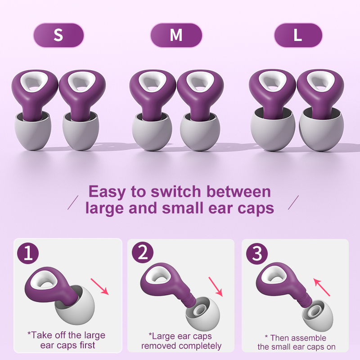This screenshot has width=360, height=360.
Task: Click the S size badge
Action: (58, 35)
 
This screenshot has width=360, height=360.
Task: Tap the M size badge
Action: (176, 35)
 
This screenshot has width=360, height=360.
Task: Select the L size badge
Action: (298, 35)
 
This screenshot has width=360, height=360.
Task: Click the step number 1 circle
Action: (28, 254)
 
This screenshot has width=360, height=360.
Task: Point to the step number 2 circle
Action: (143, 254)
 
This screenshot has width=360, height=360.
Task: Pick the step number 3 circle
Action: (257, 254)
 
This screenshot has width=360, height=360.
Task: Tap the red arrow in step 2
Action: (215, 286)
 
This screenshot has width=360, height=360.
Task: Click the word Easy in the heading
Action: (108, 192)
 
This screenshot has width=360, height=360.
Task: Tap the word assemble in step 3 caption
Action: (308, 337)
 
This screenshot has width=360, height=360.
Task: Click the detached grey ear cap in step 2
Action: (202, 318)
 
